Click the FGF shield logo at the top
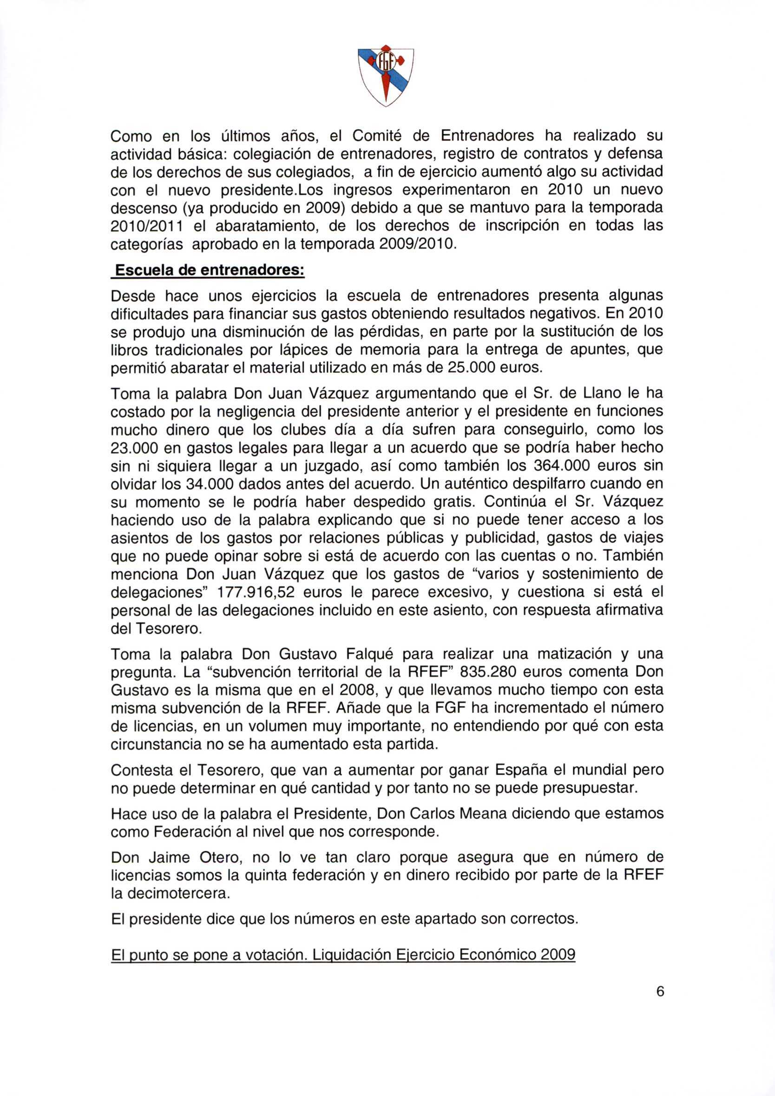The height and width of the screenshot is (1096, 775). pyautogui.click(x=386, y=76)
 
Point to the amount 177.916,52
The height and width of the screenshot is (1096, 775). pyautogui.click(x=256, y=593)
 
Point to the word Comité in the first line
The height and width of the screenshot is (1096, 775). pyautogui.click(x=378, y=136)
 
